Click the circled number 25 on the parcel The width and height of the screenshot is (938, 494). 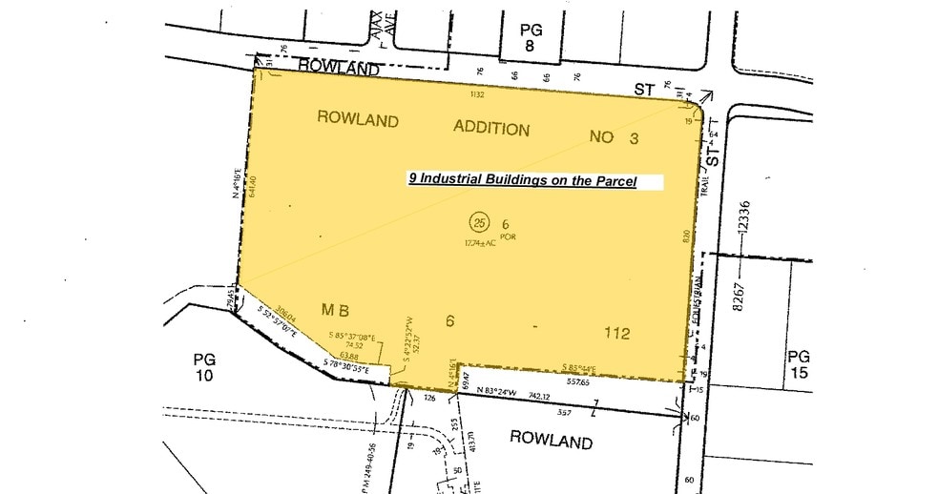point(479,222)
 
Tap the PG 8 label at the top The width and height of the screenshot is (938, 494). point(532,38)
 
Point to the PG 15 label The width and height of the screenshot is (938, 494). point(799,364)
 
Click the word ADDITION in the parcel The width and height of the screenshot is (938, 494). point(490,129)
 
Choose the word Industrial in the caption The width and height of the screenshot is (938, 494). point(465,179)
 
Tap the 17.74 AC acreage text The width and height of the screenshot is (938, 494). point(480,244)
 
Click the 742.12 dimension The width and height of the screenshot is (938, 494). point(539,394)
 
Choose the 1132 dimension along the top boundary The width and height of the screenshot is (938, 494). point(476,94)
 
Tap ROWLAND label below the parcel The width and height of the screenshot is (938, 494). point(551,442)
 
